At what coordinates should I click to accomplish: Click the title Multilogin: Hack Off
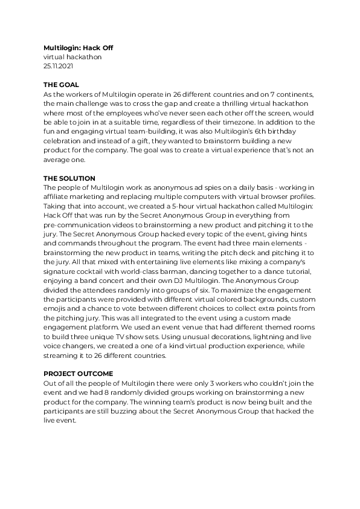coord(78,48)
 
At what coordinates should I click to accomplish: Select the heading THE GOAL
coord(61,85)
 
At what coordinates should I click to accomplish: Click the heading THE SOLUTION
coord(69,178)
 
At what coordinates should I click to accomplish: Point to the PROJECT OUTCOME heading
coord(78,374)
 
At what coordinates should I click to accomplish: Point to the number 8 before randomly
coord(94,392)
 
